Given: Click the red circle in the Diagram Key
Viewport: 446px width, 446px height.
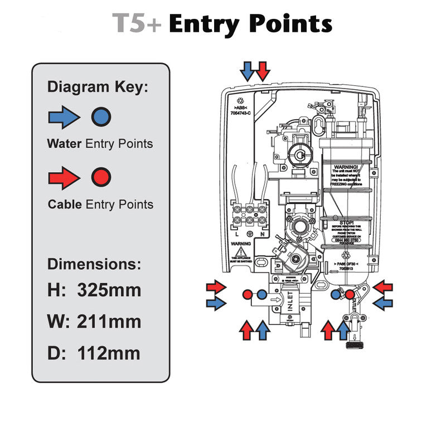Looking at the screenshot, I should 101,177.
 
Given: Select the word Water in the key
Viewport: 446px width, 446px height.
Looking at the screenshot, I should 64,144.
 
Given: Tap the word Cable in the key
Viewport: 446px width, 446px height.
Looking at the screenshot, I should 65,205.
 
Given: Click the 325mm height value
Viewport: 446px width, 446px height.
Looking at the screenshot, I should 109,290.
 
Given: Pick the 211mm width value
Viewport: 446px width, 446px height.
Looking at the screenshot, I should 109,322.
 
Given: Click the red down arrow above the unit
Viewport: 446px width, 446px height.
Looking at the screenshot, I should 263,71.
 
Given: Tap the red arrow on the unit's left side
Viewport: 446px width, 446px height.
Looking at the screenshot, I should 216,287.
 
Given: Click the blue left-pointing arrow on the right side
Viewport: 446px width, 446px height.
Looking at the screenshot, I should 382,303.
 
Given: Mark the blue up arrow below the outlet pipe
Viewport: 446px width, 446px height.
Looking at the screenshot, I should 344,330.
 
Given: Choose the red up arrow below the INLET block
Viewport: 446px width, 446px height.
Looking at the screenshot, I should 246,330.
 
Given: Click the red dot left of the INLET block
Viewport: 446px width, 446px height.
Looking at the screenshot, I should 248,294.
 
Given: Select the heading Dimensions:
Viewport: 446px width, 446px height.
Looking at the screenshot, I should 94,264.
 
